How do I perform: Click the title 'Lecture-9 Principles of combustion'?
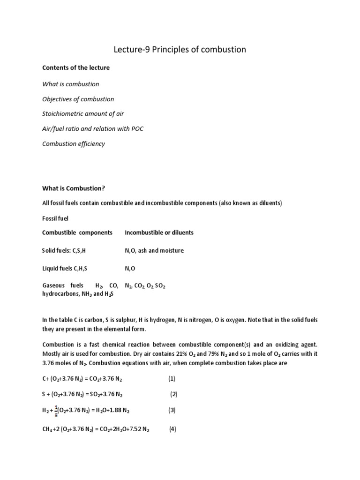(x=180, y=49)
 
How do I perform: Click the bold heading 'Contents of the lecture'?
(x=76, y=67)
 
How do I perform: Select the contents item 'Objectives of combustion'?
(x=78, y=99)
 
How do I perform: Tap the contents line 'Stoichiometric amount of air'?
(x=83, y=114)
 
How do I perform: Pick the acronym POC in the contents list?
(x=136, y=129)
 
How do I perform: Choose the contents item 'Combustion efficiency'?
(x=74, y=144)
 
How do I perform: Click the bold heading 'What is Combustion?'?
(x=74, y=188)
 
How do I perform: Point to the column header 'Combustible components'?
(x=77, y=232)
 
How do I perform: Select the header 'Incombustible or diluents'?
(x=159, y=232)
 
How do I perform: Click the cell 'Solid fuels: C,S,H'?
(x=64, y=250)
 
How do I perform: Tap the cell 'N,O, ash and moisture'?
(x=154, y=250)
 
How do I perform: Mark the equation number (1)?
(x=172, y=378)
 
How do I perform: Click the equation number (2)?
(x=173, y=394)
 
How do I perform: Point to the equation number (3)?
(x=172, y=410)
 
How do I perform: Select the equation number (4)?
(x=172, y=429)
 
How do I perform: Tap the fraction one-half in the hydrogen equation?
(x=56, y=410)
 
